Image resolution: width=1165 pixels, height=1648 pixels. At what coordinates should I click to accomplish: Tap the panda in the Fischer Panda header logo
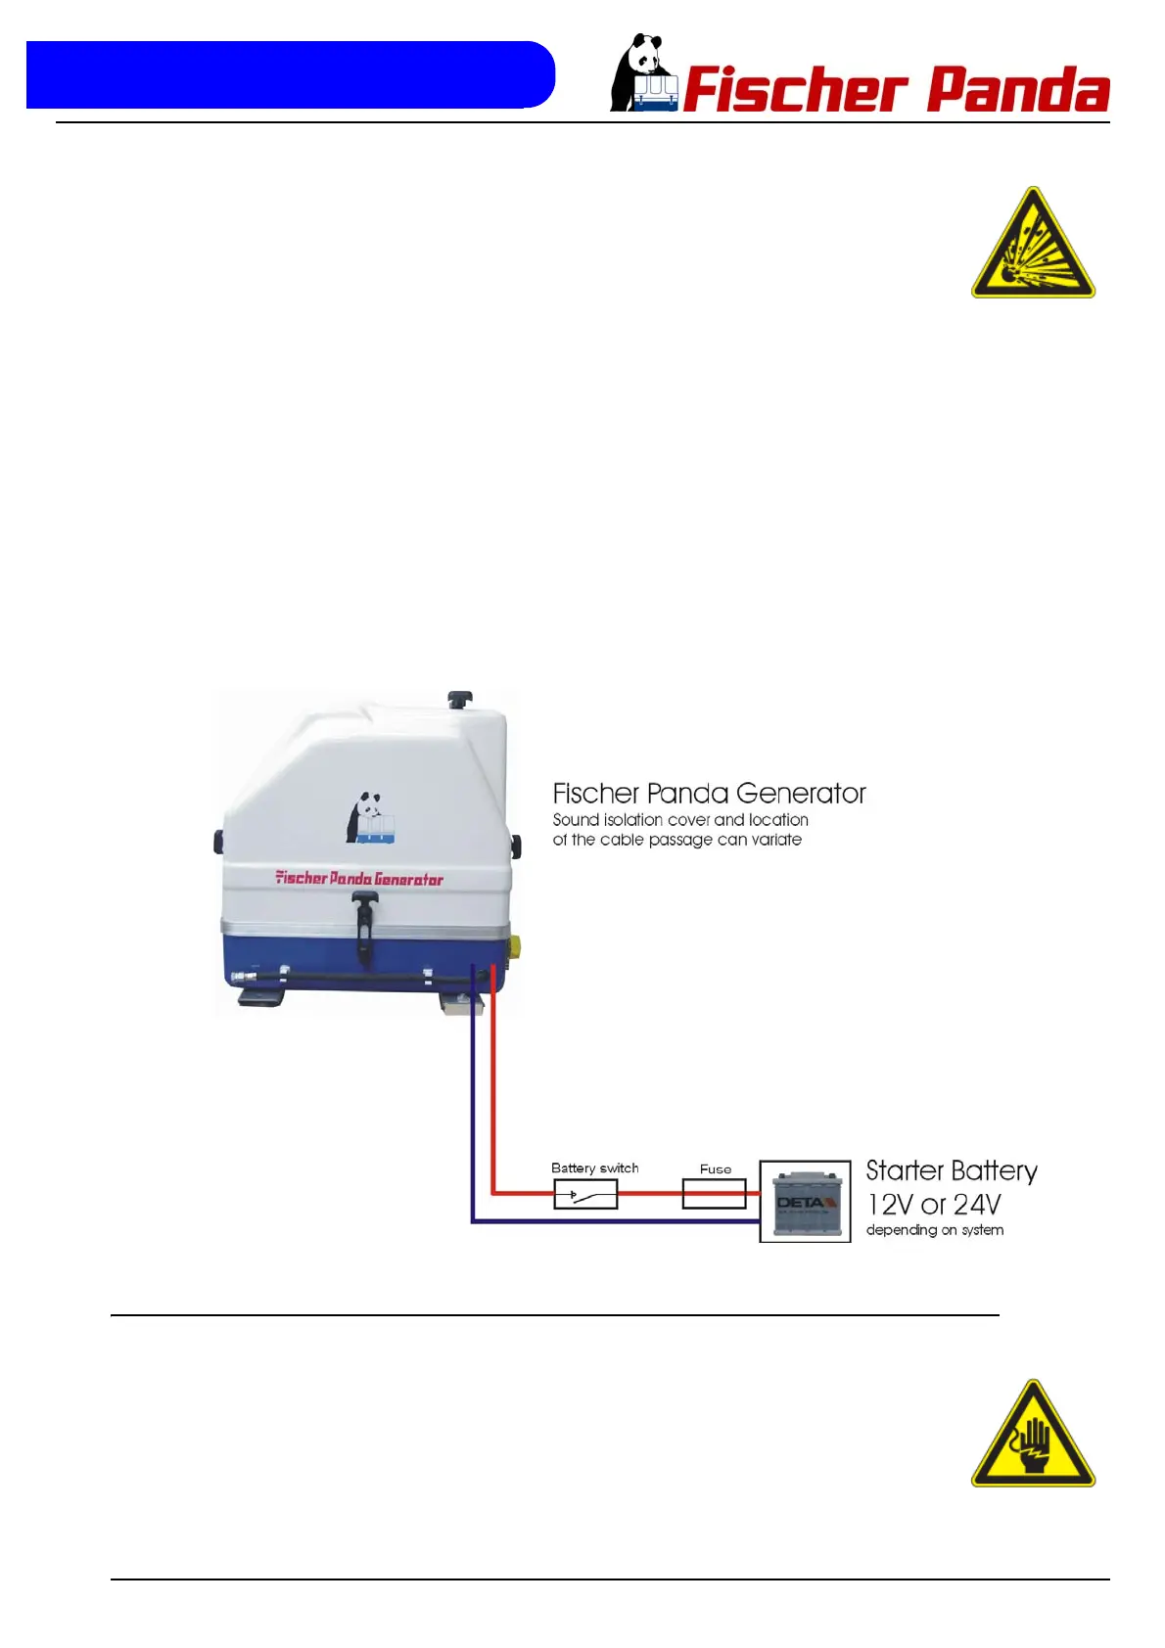(x=642, y=73)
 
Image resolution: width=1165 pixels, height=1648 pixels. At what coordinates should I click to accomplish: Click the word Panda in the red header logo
(x=1017, y=91)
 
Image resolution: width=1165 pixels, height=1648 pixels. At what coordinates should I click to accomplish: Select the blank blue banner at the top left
(x=290, y=74)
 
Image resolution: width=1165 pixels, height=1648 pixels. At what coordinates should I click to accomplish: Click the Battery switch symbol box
(x=585, y=1194)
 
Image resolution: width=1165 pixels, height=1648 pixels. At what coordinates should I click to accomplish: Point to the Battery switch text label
(x=594, y=1168)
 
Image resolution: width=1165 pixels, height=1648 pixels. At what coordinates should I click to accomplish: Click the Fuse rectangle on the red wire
(x=714, y=1194)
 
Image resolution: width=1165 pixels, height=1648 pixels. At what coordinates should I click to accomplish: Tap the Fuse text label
(x=715, y=1169)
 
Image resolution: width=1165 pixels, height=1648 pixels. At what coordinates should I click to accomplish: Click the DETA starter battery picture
(x=805, y=1202)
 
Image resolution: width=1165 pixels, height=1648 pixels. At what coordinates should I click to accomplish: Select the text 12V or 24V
(x=933, y=1204)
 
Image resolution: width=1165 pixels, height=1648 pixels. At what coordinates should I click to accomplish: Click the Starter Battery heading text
(x=951, y=1171)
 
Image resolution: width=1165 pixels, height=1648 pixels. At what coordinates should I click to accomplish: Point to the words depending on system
(x=934, y=1230)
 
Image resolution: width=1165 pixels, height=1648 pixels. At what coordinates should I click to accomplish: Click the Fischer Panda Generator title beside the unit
(x=709, y=793)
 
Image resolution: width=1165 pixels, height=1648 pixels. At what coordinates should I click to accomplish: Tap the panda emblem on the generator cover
(x=369, y=818)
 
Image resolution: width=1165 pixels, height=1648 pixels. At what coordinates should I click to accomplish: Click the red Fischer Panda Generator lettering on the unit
(x=359, y=879)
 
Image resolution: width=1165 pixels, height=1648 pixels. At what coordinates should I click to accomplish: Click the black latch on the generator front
(x=365, y=925)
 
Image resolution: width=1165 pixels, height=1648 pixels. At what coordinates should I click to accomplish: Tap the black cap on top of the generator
(x=459, y=699)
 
